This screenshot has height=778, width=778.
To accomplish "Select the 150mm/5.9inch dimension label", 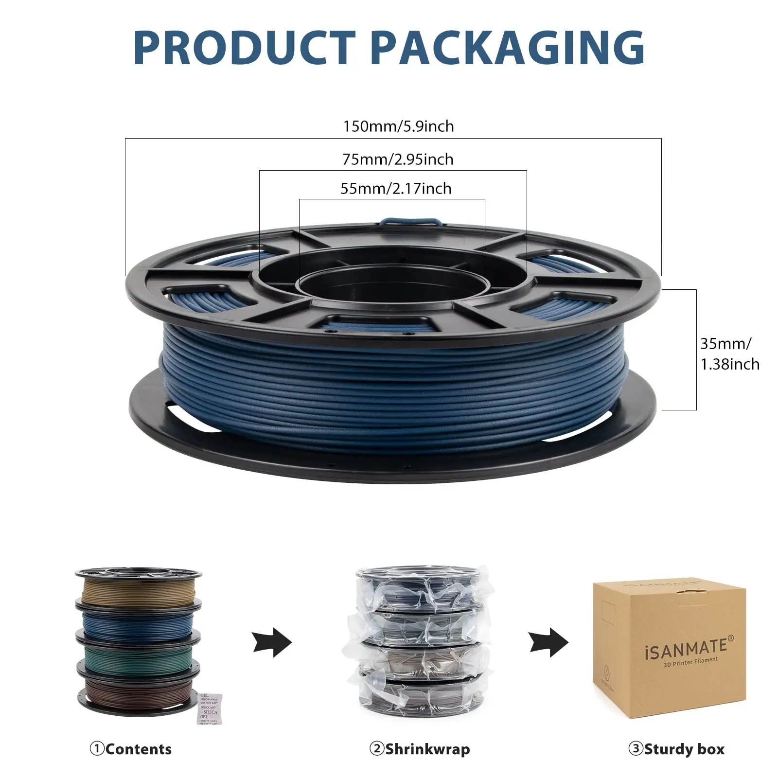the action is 398,126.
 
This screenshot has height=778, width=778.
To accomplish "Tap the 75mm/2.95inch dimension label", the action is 398,159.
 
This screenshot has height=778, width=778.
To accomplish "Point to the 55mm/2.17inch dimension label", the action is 396,189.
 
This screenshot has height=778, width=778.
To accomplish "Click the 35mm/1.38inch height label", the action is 729,354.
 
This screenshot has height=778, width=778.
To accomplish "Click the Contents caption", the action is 131,749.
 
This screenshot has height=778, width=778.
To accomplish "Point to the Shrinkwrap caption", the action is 420,749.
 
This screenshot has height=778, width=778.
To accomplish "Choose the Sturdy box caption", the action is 676,749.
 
